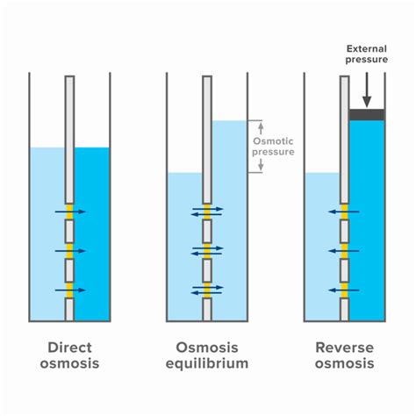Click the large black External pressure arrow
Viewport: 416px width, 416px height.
click(x=367, y=89)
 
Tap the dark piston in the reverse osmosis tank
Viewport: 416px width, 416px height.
click(x=367, y=114)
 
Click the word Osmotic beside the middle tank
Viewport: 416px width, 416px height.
click(x=273, y=140)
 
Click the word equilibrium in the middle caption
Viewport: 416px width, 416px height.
click(x=207, y=363)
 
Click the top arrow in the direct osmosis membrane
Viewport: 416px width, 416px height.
click(x=69, y=212)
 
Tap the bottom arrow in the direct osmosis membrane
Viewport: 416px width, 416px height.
click(x=69, y=290)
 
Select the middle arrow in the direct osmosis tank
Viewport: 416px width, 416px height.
click(x=69, y=251)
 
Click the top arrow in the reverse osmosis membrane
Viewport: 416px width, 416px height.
click(x=344, y=212)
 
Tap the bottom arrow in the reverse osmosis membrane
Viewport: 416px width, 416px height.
click(x=344, y=290)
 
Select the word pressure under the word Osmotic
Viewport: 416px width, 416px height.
click(x=273, y=152)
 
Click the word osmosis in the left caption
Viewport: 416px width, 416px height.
click(x=69, y=363)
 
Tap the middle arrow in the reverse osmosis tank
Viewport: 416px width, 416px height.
click(x=344, y=251)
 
